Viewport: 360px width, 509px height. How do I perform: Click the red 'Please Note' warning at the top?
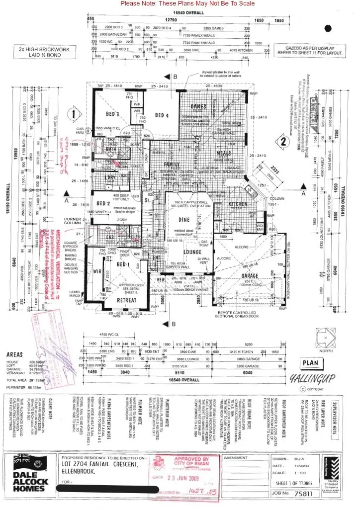point(187,3)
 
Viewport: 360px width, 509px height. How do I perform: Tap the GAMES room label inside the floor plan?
point(199,106)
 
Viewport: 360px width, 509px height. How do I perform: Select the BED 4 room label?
point(162,115)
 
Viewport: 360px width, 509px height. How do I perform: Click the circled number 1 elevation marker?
point(74,114)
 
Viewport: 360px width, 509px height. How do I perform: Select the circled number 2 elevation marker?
point(283,141)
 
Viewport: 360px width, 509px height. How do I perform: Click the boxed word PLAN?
point(310,363)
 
